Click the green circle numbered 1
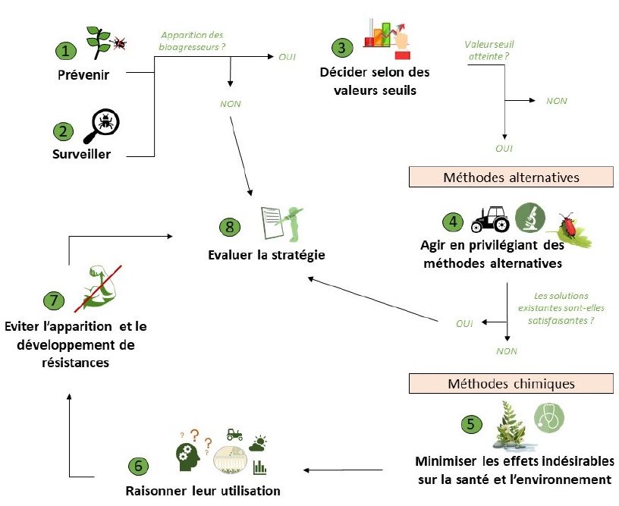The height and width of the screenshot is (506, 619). click(65, 51)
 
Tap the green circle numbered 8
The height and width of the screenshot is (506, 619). click(229, 227)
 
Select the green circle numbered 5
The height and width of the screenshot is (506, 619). click(471, 424)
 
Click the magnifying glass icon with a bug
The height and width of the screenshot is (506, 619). click(102, 126)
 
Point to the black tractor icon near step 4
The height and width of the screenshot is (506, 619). click(490, 219)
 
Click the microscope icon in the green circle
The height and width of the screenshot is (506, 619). click(530, 218)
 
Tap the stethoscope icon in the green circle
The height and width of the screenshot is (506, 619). click(549, 418)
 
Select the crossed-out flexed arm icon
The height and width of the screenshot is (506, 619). click(99, 288)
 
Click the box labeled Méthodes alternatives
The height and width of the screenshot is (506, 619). click(511, 177)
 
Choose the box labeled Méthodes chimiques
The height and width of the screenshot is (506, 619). click(511, 383)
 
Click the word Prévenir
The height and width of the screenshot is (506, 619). click(83, 74)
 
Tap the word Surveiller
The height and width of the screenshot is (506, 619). click(81, 153)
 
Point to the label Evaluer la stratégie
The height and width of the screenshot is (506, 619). click(266, 255)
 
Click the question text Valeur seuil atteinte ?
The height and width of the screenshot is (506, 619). click(489, 50)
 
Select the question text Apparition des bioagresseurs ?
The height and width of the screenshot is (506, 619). click(192, 41)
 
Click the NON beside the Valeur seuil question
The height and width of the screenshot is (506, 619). click(557, 101)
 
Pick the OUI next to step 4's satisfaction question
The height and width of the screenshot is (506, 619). click(464, 324)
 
